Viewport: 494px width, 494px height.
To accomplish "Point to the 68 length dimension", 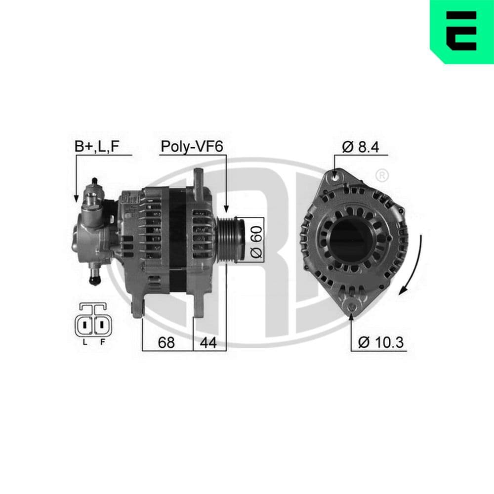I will pyautogui.click(x=167, y=342).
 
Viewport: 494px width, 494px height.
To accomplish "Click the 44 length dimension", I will pyautogui.click(x=209, y=342).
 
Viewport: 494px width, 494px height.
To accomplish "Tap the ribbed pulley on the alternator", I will pyautogui.click(x=232, y=240).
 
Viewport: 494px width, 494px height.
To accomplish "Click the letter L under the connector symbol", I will pyautogui.click(x=85, y=342).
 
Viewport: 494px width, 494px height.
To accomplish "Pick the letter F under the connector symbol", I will pyautogui.click(x=103, y=342).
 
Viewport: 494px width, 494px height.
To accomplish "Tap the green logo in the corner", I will pyautogui.click(x=462, y=31).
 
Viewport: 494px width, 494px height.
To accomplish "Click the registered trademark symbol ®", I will pyautogui.click(x=381, y=175).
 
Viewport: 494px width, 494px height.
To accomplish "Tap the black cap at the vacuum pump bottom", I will pyautogui.click(x=94, y=281).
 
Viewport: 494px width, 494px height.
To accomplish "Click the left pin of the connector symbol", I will pyautogui.click(x=85, y=325).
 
